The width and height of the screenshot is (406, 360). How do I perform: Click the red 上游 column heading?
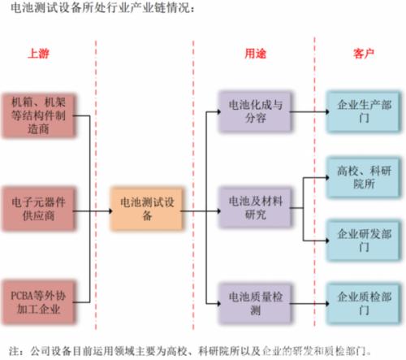(x=38, y=54)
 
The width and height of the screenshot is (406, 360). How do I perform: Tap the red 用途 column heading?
(x=255, y=54)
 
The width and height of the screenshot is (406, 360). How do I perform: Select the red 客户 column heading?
(x=364, y=54)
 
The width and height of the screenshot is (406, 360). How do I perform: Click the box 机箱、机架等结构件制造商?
(x=38, y=115)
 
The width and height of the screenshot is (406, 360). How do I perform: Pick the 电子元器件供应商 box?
(x=38, y=209)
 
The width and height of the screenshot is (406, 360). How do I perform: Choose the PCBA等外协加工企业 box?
(x=38, y=302)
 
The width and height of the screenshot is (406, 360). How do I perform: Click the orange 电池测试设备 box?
(x=147, y=209)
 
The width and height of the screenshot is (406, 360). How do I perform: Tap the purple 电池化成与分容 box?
(x=255, y=111)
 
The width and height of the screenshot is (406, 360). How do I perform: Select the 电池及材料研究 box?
(x=255, y=208)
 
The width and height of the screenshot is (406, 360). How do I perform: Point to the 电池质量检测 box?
(x=255, y=303)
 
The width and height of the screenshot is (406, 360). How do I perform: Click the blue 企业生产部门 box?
(x=364, y=111)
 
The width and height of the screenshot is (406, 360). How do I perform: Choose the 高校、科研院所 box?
(x=364, y=177)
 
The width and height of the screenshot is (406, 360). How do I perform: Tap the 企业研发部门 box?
(x=364, y=241)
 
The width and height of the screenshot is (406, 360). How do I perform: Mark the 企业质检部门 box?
(x=364, y=303)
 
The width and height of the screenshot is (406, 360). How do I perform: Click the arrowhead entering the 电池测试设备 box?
(x=110, y=210)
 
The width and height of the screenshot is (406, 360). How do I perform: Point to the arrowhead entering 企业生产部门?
(x=327, y=111)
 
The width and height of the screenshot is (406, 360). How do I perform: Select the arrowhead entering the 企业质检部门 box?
(x=327, y=303)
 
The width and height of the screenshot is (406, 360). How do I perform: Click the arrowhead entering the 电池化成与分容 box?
(x=219, y=111)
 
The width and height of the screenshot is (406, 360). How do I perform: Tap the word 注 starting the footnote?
(x=14, y=351)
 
